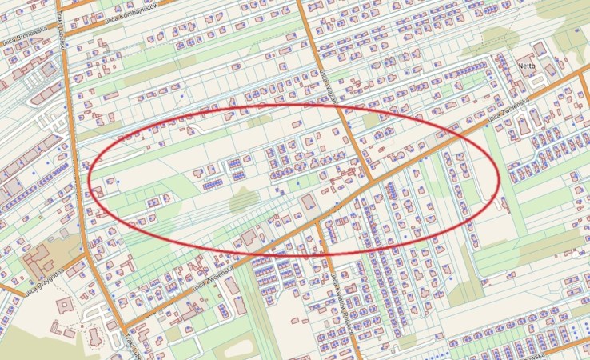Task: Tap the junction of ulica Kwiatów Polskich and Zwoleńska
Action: coord(317,223)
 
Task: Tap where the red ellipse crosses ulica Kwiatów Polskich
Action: coord(325,253)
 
